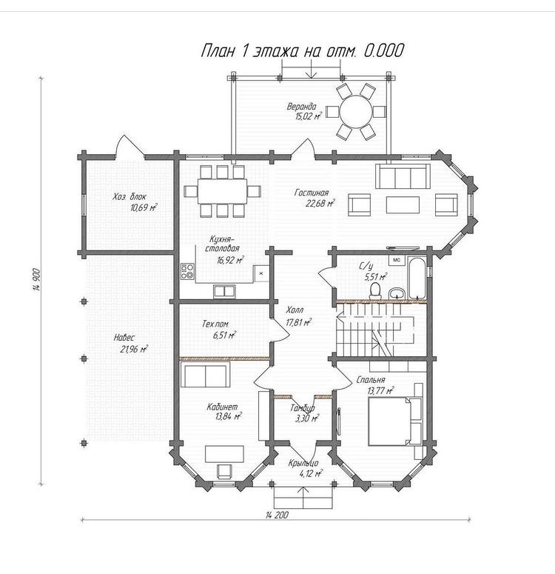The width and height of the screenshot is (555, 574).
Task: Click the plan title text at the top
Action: (303, 51)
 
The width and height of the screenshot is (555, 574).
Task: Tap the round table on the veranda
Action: (356, 111)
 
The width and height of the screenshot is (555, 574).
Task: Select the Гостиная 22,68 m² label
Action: (314, 198)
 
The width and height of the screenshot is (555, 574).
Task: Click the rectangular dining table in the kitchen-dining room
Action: (222, 190)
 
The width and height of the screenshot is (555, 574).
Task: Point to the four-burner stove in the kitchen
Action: (187, 272)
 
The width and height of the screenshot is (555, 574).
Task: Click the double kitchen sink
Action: (225, 291)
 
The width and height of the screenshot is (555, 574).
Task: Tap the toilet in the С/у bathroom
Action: (375, 290)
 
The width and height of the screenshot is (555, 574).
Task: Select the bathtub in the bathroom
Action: (417, 279)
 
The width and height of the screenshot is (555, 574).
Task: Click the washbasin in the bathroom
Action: (396, 293)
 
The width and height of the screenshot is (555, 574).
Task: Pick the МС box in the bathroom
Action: (397, 260)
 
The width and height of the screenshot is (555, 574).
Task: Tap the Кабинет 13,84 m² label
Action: (223, 412)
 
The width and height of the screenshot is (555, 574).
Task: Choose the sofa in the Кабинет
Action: (205, 374)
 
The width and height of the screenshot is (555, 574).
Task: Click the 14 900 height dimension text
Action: (36, 280)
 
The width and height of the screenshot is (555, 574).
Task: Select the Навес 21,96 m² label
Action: (130, 343)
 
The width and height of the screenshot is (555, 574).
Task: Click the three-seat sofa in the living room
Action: (403, 176)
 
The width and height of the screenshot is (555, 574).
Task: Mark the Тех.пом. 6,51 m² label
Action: (218, 329)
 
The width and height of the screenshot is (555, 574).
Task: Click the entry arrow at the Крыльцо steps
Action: (303, 498)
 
